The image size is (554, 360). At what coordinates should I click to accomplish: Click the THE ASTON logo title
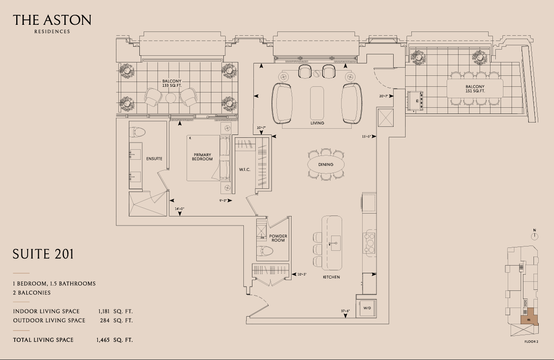click(x=52, y=20)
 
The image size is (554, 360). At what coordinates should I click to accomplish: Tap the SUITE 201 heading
click(x=43, y=254)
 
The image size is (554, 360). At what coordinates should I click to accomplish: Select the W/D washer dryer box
click(x=367, y=308)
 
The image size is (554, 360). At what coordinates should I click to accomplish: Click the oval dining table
click(x=326, y=165)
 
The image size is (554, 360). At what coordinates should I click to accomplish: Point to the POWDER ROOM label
click(x=278, y=238)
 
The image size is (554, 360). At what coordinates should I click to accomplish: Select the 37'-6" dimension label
click(x=345, y=311)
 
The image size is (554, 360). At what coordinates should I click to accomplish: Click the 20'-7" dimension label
click(x=384, y=96)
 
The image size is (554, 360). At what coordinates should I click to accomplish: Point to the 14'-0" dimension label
click(x=179, y=208)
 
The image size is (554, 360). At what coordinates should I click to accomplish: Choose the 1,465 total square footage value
click(x=103, y=340)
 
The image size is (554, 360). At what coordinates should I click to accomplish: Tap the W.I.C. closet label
click(x=244, y=170)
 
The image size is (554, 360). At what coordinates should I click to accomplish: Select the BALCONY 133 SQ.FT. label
click(x=172, y=83)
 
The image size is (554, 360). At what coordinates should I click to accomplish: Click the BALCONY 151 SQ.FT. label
click(x=475, y=89)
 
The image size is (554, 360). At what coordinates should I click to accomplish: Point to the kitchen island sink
click(x=335, y=243)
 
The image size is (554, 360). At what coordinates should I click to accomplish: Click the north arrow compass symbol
click(x=534, y=236)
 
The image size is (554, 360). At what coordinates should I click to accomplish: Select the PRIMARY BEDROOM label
click(x=202, y=157)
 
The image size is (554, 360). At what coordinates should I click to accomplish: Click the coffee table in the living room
click(x=317, y=103)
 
